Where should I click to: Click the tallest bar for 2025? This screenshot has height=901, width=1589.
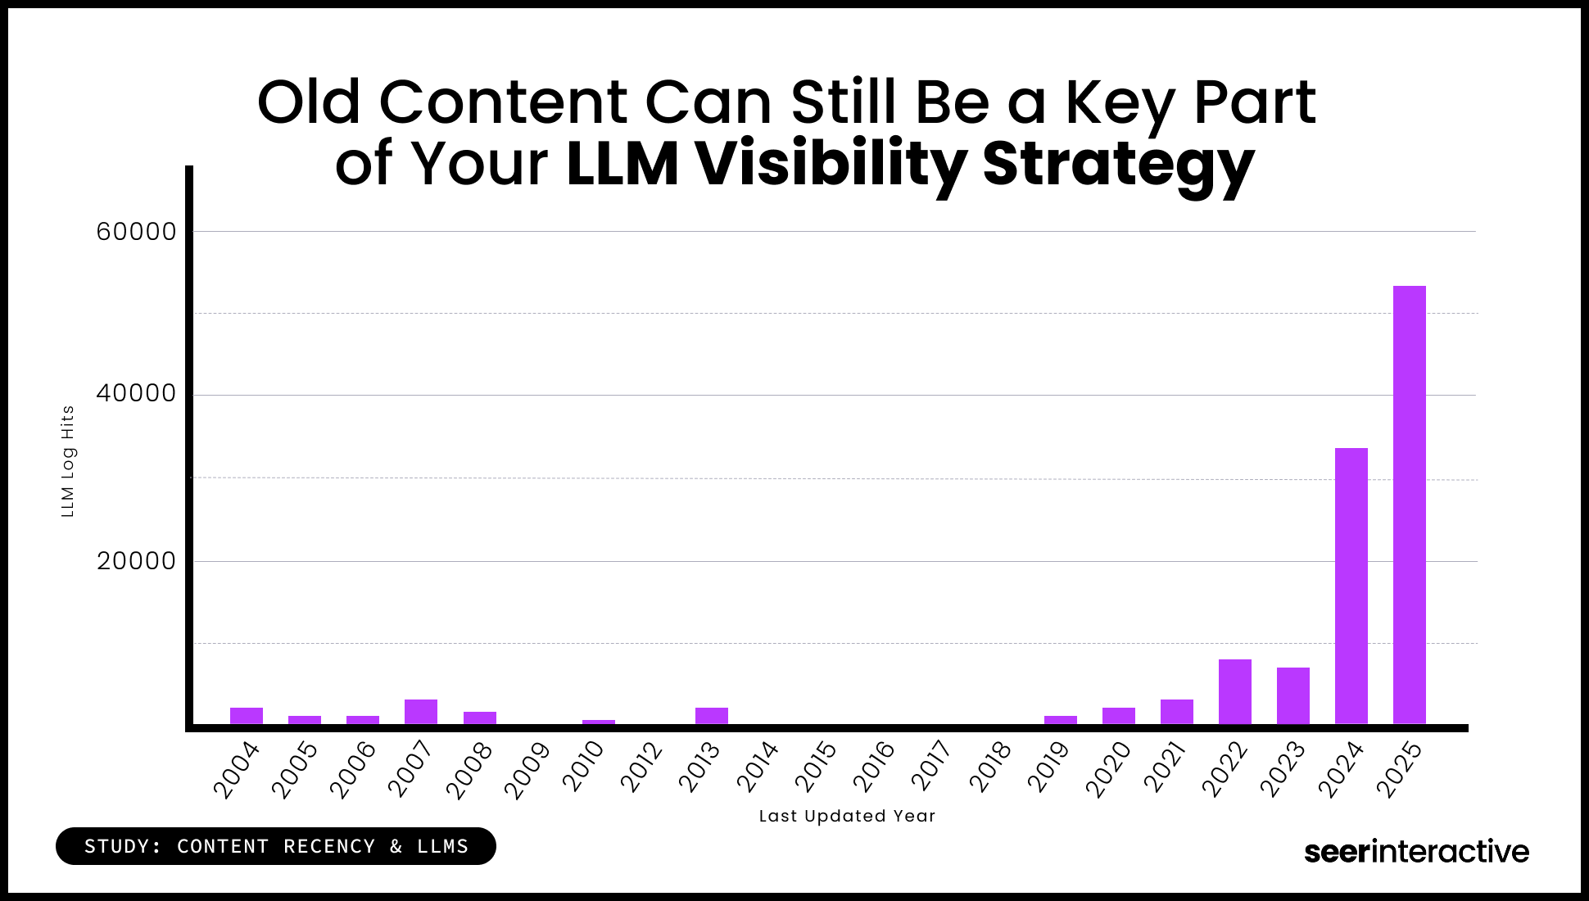pos(1409,505)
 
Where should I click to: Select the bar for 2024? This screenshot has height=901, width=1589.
pos(1351,586)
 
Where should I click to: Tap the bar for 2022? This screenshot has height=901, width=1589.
pos(1234,691)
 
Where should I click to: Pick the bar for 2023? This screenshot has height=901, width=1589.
pos(1292,695)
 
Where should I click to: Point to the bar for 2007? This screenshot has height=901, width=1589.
pos(420,712)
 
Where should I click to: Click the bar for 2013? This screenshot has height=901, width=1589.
pos(711,716)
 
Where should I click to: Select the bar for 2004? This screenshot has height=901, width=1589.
pos(246,716)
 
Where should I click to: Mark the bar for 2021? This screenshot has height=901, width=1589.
pos(1176,712)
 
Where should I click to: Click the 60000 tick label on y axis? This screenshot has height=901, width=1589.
pos(136,232)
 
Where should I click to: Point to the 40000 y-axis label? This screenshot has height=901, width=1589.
pos(136,393)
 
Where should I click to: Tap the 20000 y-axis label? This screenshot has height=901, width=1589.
pos(136,561)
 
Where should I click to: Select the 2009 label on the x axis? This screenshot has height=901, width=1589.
pos(527,770)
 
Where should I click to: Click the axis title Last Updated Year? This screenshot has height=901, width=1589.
pos(847,816)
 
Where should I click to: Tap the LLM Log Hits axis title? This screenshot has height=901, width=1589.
pos(68,461)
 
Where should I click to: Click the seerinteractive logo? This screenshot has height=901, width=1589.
pos(1416,851)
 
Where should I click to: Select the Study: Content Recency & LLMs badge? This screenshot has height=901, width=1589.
pos(276,846)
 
